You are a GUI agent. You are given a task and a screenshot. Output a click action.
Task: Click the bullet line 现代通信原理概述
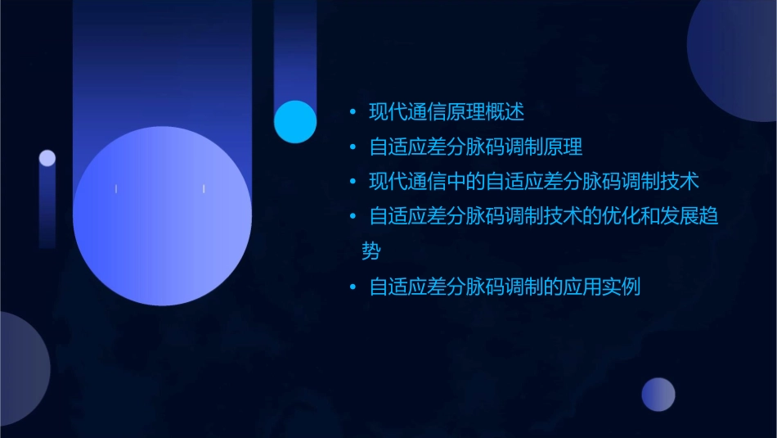446,111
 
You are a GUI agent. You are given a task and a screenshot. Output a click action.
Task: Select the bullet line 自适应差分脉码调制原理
475,147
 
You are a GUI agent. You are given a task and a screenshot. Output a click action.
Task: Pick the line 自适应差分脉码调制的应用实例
505,287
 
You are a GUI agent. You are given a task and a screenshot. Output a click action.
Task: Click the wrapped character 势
371,251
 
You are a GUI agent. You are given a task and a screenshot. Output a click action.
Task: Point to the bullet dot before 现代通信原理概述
353,112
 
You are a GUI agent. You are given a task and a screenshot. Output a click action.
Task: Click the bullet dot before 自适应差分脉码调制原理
353,148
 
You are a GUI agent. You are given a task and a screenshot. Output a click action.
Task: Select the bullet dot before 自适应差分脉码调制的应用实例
353,288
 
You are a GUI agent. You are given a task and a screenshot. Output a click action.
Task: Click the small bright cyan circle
295,122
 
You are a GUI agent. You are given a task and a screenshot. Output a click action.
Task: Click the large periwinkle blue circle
162,216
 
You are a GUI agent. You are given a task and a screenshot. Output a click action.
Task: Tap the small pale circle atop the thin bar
47,158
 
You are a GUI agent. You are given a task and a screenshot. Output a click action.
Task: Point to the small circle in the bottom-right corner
658,395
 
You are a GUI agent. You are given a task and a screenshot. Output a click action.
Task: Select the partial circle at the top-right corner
736,57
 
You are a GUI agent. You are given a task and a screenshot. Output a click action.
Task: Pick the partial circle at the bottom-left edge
20,368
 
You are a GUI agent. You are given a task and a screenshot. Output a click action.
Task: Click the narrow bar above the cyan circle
294,49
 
